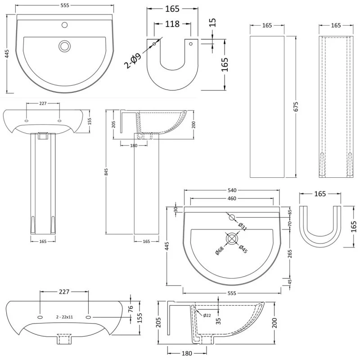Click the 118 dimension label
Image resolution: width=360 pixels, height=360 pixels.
coord(172,24)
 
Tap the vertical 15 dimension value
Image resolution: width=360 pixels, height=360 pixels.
coord(213,22)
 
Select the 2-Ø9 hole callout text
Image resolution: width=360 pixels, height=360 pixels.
coord(132,61)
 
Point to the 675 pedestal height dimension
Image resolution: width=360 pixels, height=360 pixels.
coord(296,107)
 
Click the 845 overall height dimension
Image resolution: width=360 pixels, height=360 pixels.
coord(106,172)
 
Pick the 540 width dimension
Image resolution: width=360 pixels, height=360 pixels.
coord(232,190)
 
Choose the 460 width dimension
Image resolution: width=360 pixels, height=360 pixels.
coord(232,198)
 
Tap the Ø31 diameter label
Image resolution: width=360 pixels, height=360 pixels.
coord(243,226)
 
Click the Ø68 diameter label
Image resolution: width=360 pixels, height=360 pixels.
coord(220,251)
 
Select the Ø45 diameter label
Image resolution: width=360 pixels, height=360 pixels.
coord(243,249)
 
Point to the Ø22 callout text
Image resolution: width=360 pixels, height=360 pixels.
coord(207,315)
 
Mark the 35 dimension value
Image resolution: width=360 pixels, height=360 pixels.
coord(218,321)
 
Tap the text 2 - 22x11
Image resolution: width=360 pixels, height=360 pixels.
coord(64,317)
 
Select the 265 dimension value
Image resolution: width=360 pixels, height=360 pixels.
coord(290,254)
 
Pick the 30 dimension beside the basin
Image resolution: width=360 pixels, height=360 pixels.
coord(176,209)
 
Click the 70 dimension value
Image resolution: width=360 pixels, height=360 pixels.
coord(290,223)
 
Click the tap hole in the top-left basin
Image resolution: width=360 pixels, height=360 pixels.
coord(65,25)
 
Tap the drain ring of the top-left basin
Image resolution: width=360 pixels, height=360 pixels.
coord(65,46)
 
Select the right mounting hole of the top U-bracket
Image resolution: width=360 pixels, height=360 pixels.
coord(190,44)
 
